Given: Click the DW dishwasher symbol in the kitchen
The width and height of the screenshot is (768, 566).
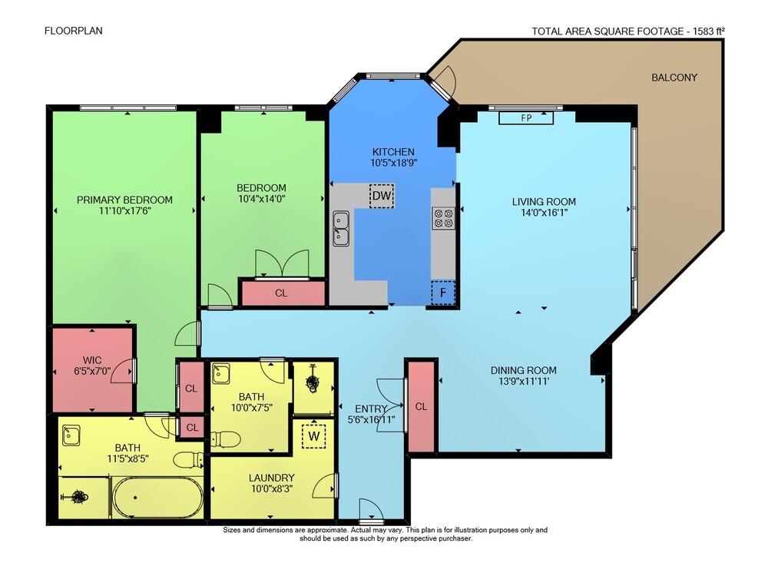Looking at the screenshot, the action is coord(382,196).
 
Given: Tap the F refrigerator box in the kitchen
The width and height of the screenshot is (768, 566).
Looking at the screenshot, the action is coord(443,293).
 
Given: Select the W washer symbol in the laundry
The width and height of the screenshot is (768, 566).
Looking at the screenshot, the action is coord(314,435).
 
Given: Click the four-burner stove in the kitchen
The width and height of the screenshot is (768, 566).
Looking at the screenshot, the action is coord(443,218).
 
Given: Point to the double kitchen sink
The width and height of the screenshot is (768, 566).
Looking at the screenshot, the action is coord(341,228).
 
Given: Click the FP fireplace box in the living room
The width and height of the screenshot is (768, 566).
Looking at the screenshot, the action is coord(526,118).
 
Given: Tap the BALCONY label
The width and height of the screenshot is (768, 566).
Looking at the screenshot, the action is coord(674,78).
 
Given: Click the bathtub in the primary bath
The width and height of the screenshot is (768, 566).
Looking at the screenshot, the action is coord(157,498).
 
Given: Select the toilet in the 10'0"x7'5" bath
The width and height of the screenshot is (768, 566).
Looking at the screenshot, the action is coord(225,439).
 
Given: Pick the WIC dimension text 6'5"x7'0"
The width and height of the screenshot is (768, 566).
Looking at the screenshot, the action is coord(93,371).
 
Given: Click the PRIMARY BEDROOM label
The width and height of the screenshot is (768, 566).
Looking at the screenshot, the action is coord(124,200).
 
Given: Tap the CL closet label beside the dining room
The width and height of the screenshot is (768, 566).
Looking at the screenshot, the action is coord(421,406).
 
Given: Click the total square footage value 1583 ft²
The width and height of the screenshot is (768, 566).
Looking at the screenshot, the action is coord(709,31).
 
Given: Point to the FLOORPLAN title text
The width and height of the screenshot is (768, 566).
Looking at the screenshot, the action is coord(74,31).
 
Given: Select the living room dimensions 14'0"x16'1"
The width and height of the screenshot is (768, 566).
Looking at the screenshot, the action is coord(545,213).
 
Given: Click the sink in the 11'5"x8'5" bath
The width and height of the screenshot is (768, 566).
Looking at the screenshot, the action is coord(71,435).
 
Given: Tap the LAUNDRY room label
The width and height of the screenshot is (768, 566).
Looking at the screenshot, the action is coord(271,478).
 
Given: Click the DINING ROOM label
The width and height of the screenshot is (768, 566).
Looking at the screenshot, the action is coord(524,370).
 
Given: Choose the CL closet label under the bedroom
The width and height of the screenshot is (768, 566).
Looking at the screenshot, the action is coord(281,293).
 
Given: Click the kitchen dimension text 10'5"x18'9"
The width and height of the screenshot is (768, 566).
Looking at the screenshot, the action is coord(393,163).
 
